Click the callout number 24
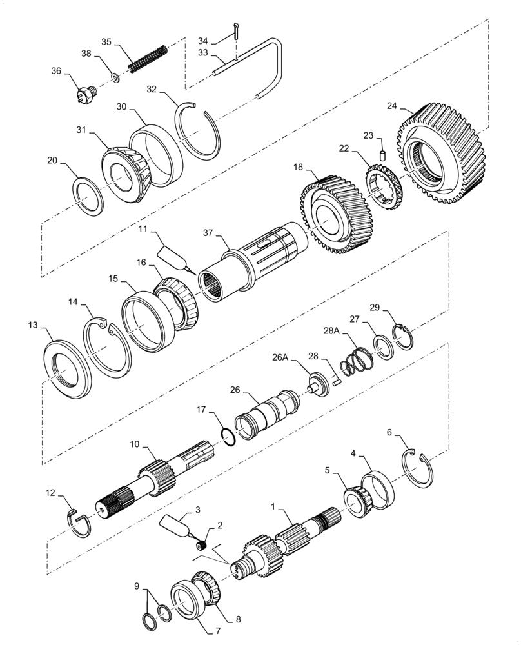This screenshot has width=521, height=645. [x=393, y=106]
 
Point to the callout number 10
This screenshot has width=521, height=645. [x=134, y=445]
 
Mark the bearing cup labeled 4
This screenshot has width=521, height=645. [x=378, y=490]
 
